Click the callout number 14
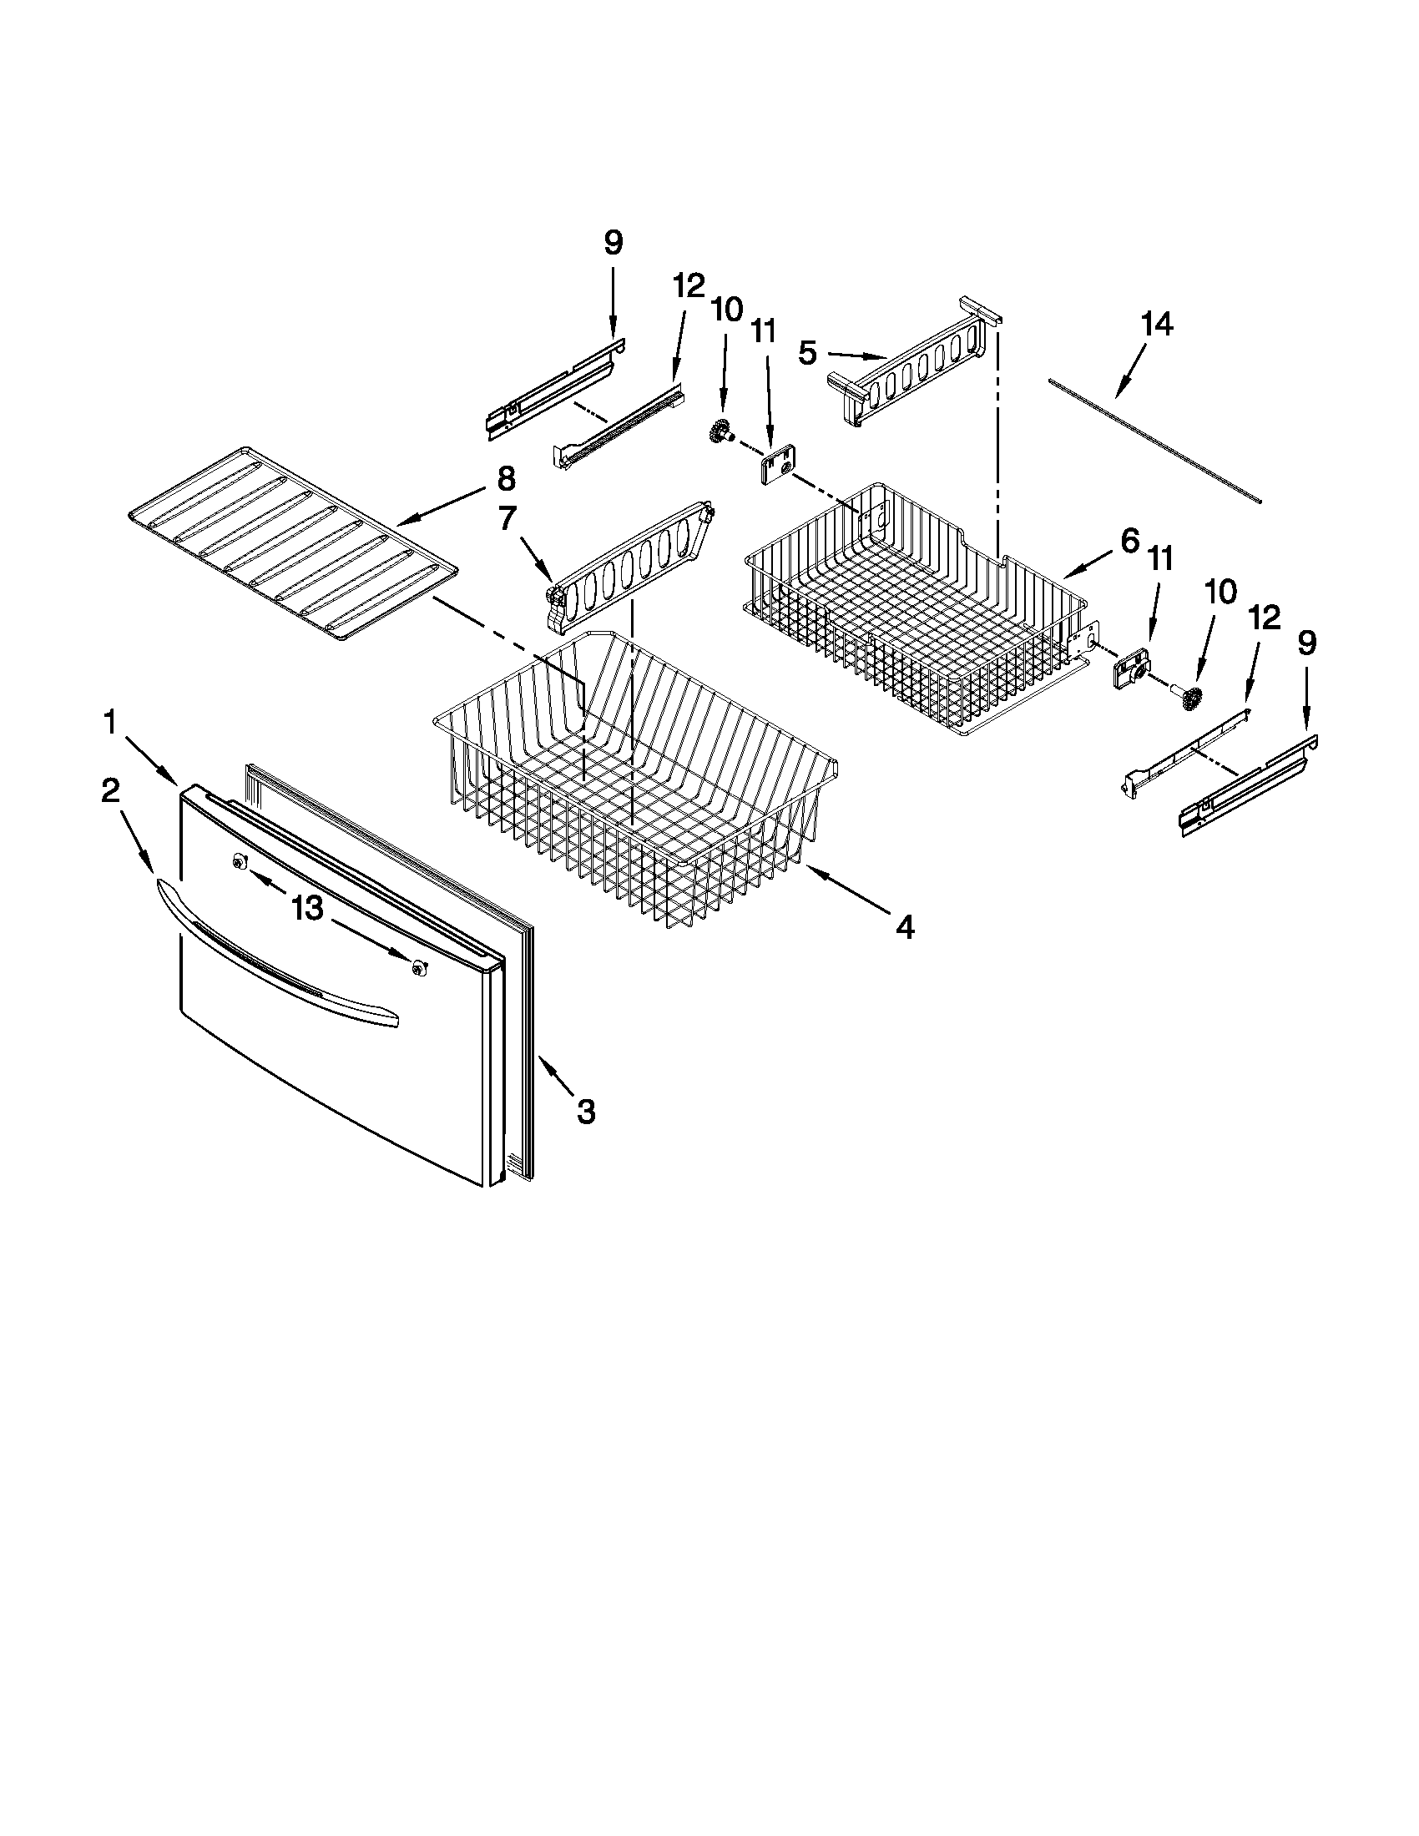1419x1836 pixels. [1157, 324]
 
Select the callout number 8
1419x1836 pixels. [506, 479]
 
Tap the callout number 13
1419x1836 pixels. [308, 908]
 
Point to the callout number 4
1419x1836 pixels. [904, 927]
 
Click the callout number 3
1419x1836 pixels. [586, 1112]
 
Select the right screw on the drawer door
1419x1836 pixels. [418, 968]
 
